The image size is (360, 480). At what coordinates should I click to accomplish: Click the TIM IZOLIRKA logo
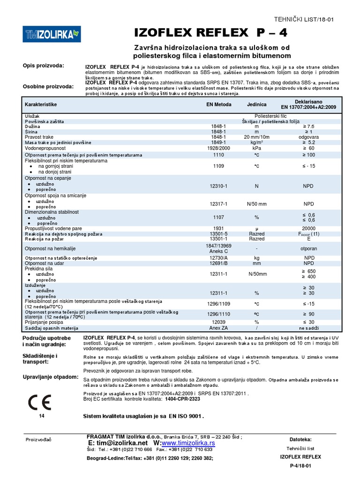52,33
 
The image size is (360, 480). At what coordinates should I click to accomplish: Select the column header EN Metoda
219,105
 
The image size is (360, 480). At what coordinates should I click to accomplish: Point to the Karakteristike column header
41,105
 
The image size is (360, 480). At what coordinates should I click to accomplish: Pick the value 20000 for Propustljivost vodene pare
308,228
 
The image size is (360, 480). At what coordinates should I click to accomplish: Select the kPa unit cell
257,148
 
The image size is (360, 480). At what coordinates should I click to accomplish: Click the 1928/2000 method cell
219,148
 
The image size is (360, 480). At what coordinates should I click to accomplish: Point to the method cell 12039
219,322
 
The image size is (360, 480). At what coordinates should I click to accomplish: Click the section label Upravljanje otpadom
50,377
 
